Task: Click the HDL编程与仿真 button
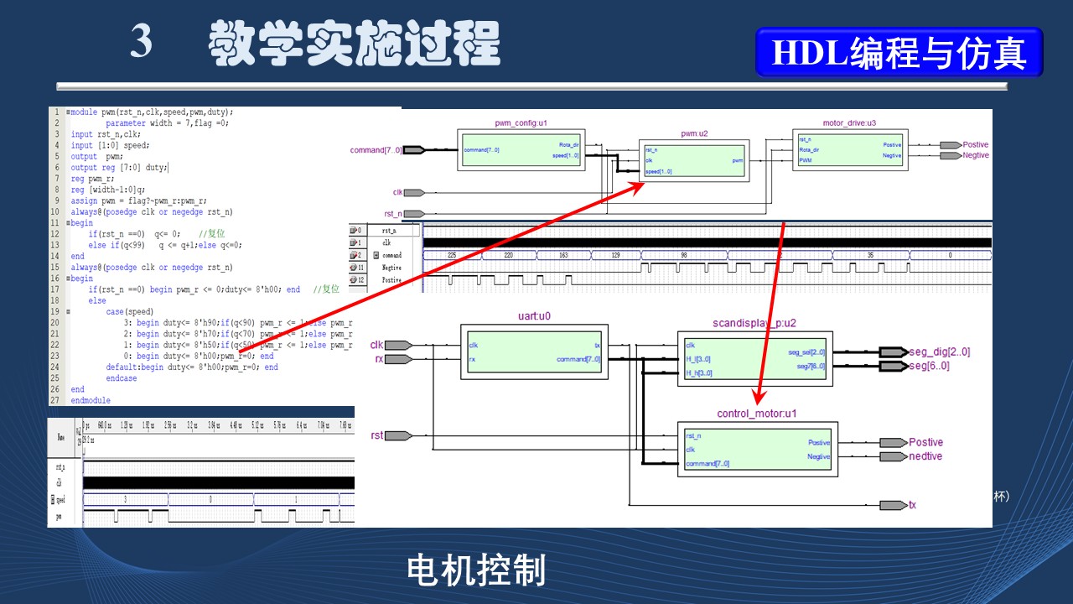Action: pos(899,53)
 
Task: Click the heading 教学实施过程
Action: pos(354,44)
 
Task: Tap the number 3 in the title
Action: pos(142,42)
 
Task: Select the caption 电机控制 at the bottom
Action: pos(476,570)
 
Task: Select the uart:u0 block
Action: pos(534,351)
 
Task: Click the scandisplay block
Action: pos(754,357)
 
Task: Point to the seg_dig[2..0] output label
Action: pos(939,352)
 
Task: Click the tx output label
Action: pos(912,505)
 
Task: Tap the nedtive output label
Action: pos(925,456)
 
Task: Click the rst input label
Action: pos(377,435)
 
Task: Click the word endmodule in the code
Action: pos(91,400)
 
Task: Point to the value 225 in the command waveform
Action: pos(452,254)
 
